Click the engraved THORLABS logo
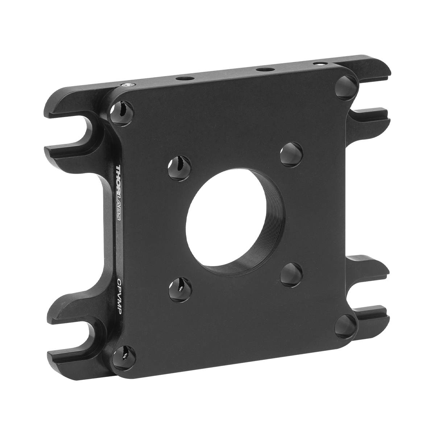[119, 193]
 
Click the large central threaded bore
[234, 221]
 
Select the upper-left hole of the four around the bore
[179, 168]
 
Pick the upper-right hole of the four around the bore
[291, 155]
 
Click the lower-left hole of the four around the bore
[180, 290]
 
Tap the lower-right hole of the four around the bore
[291, 275]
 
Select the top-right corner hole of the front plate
[347, 88]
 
